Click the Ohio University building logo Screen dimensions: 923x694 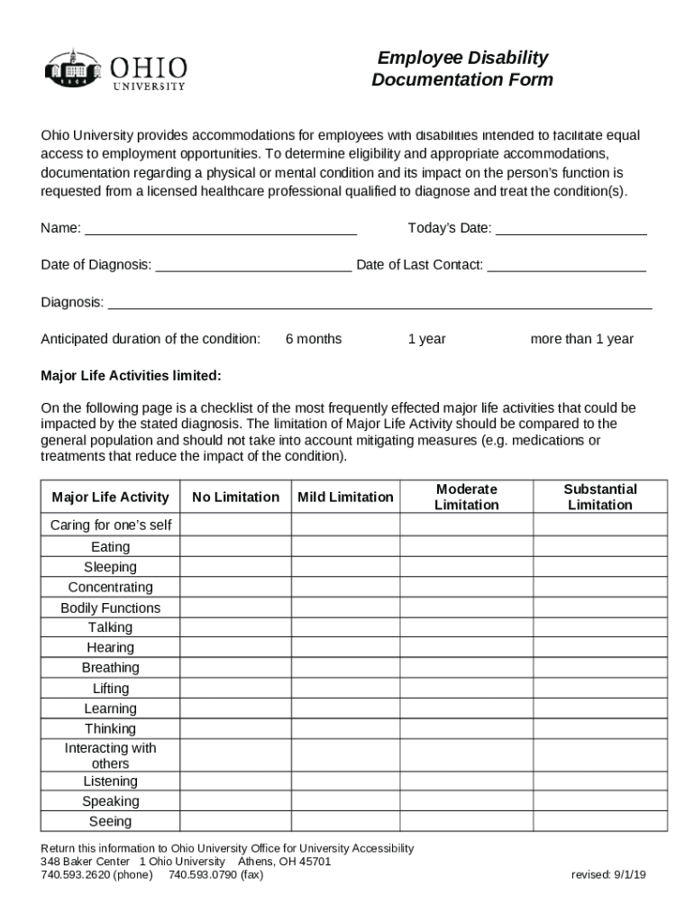tap(73, 69)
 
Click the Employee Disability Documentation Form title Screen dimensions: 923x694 tap(462, 69)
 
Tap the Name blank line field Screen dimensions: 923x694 tap(220, 228)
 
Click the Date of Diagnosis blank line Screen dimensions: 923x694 tap(253, 265)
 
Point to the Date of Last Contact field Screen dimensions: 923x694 tap(566, 265)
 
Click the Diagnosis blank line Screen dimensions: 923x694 tap(379, 302)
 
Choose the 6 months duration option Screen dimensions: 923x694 tap(313, 339)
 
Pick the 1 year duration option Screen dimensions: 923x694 tap(426, 339)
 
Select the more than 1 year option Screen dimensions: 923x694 tap(581, 339)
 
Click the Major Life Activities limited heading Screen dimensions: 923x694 tap(131, 375)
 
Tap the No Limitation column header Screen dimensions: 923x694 tap(235, 497)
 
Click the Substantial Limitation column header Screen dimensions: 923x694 tap(599, 497)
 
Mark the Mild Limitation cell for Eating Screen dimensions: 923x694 tap(345, 547)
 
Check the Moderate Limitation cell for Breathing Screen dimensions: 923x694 tap(466, 668)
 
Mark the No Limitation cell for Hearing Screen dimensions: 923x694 tap(235, 647)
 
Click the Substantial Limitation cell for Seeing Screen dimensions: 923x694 tap(599, 821)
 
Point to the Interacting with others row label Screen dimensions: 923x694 tap(110, 755)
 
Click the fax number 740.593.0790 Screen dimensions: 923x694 tap(215, 874)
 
